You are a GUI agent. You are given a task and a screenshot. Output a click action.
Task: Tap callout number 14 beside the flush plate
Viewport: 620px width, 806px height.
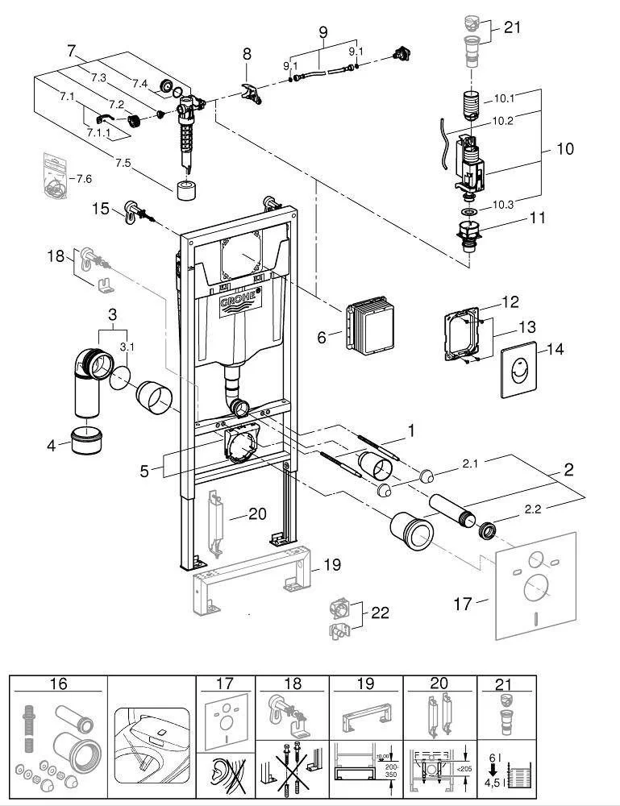click(x=556, y=349)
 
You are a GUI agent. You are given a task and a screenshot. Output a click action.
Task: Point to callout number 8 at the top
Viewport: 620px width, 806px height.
click(x=247, y=54)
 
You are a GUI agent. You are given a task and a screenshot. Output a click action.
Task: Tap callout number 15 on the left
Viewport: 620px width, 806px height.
click(x=100, y=209)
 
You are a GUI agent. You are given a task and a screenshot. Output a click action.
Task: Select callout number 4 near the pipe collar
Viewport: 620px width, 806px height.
click(x=52, y=443)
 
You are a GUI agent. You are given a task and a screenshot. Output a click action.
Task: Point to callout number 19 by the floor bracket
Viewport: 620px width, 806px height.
click(x=331, y=565)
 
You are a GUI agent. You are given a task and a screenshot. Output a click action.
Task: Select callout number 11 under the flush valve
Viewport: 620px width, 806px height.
click(x=537, y=218)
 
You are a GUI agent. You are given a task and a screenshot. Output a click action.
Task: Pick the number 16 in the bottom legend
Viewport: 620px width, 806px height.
click(x=58, y=684)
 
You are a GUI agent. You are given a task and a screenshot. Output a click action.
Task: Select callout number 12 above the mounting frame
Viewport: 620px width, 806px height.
click(x=510, y=302)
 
